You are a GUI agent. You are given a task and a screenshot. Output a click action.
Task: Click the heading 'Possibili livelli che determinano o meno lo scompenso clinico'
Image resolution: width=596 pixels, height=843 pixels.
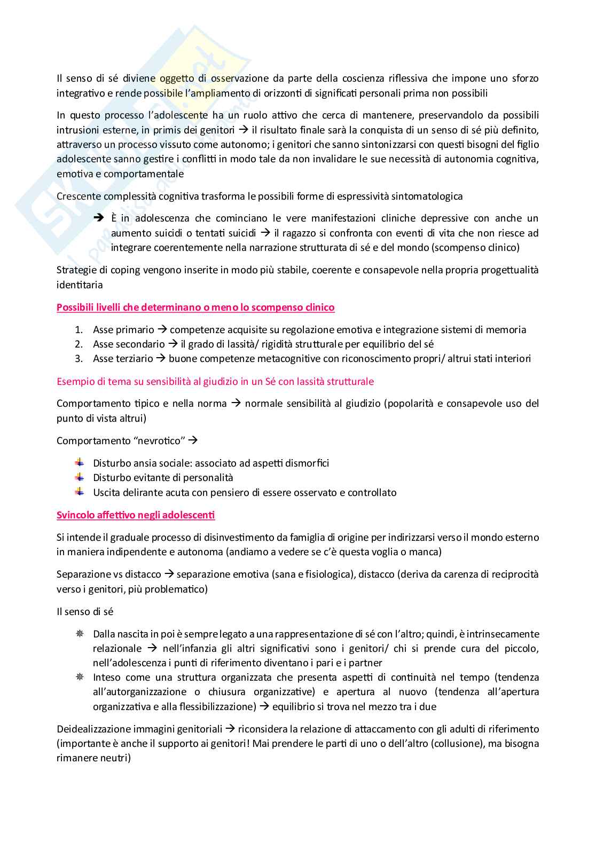coord(195,308)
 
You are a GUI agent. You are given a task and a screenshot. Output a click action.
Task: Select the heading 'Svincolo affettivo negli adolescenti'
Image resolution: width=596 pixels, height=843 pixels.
coord(136,515)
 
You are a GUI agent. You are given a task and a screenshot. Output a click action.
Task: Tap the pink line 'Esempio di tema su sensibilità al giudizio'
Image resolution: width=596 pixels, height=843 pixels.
coord(215,382)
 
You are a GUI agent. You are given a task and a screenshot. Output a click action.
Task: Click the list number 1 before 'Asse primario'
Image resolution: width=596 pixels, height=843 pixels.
coord(79,330)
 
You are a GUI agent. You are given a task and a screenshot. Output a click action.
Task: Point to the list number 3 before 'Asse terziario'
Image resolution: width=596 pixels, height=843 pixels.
coord(79,359)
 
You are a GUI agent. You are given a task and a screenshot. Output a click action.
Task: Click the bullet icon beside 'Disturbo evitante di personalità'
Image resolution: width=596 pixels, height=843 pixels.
coord(80,477)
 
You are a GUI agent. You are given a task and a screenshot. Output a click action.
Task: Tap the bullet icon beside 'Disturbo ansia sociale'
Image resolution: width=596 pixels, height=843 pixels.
coord(80,462)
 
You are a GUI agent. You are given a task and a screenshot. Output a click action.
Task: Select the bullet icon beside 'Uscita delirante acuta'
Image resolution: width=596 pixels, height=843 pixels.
coord(80,492)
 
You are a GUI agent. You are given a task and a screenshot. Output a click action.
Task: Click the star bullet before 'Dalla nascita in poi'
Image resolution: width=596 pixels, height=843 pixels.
coord(80,634)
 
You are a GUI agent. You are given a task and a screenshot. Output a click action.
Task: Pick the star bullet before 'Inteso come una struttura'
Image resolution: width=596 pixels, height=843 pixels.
coord(80,677)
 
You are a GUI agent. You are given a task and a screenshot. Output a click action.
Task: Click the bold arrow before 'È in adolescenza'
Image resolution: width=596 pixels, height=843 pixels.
coord(98,218)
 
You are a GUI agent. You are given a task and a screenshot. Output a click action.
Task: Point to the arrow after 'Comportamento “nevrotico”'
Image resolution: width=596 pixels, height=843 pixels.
coord(193,440)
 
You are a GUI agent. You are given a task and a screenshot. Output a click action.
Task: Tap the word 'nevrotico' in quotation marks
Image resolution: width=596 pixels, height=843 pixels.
coord(160,441)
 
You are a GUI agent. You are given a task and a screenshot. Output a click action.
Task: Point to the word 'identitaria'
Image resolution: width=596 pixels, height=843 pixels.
coord(79,285)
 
